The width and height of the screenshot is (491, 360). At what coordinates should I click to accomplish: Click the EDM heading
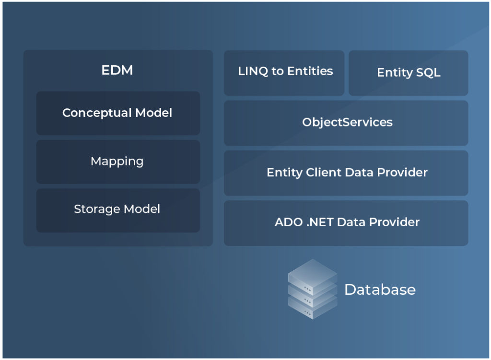click(117, 70)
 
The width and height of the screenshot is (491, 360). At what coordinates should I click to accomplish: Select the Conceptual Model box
click(118, 113)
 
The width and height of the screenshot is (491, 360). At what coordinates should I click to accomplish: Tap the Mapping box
click(118, 162)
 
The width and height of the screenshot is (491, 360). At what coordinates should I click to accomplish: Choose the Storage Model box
click(118, 209)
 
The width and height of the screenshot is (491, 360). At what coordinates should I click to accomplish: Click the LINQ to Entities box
click(284, 72)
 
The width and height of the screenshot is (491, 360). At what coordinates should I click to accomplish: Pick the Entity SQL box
click(408, 73)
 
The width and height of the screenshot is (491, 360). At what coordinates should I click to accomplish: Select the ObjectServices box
click(346, 123)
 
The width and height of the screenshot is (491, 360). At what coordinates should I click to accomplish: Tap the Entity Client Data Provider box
click(346, 173)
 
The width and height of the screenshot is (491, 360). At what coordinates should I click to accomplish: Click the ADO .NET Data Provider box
click(346, 222)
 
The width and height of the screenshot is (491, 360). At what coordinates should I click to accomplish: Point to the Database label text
click(380, 290)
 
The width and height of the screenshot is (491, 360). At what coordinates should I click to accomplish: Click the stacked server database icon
click(312, 289)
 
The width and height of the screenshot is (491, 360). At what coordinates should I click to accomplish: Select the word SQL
click(428, 73)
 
